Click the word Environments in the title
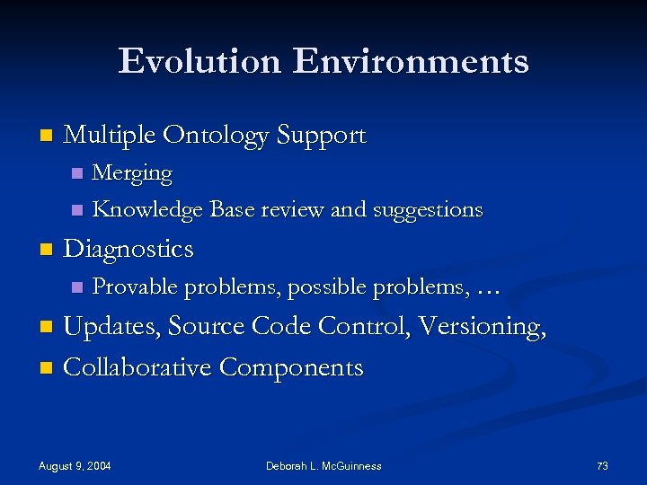click(411, 61)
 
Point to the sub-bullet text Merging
click(132, 172)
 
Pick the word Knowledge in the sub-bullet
click(148, 210)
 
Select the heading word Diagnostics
click(129, 248)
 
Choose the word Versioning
click(480, 326)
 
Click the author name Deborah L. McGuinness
click(323, 465)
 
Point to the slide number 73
click(602, 465)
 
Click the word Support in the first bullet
click(321, 136)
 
